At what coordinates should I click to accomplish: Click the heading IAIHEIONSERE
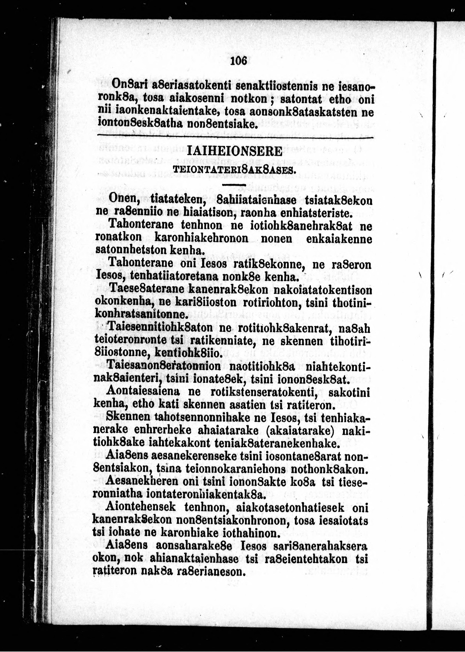(234, 151)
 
